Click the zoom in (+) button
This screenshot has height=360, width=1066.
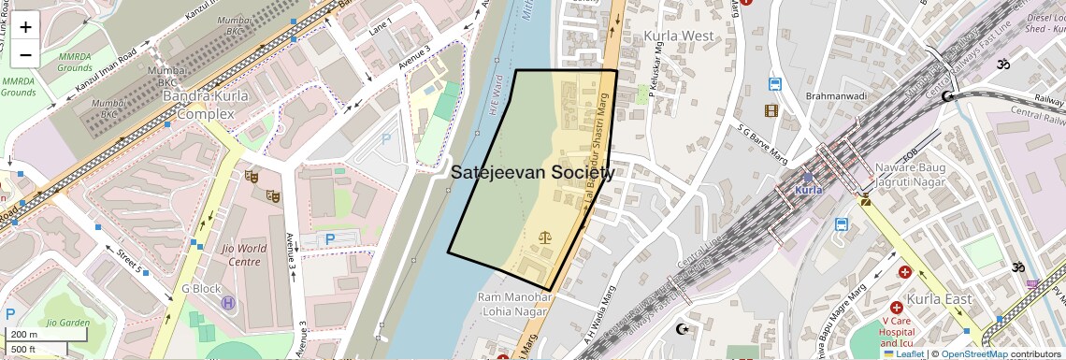25,27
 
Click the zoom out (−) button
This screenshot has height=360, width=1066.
25,54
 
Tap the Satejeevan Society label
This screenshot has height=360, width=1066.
533,173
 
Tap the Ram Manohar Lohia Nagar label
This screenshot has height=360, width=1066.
517,304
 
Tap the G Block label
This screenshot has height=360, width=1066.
201,289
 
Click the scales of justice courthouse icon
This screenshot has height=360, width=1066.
546,237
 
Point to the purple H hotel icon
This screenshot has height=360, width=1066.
227,303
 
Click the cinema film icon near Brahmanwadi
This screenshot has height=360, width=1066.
771,111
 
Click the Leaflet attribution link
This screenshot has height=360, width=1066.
902,354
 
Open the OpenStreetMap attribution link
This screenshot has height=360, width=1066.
974,354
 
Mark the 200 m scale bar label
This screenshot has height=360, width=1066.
24,335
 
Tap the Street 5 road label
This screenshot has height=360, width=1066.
129,261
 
